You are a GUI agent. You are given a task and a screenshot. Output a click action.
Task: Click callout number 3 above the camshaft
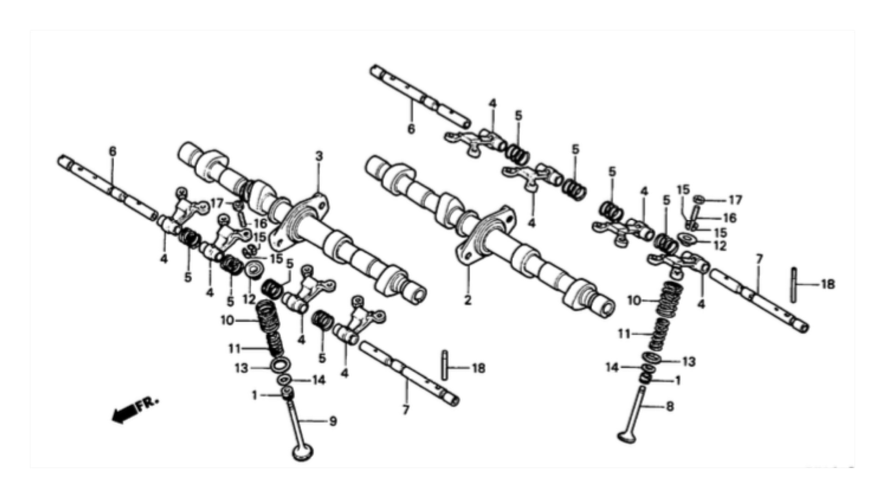[x=319, y=157]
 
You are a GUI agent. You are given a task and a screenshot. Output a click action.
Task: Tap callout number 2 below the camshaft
[x=468, y=301]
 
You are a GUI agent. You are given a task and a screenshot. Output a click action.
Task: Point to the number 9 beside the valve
[x=333, y=421]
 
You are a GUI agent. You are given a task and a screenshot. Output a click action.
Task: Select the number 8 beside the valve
[x=670, y=406]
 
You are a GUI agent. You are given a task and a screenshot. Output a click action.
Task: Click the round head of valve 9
[x=303, y=452]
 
